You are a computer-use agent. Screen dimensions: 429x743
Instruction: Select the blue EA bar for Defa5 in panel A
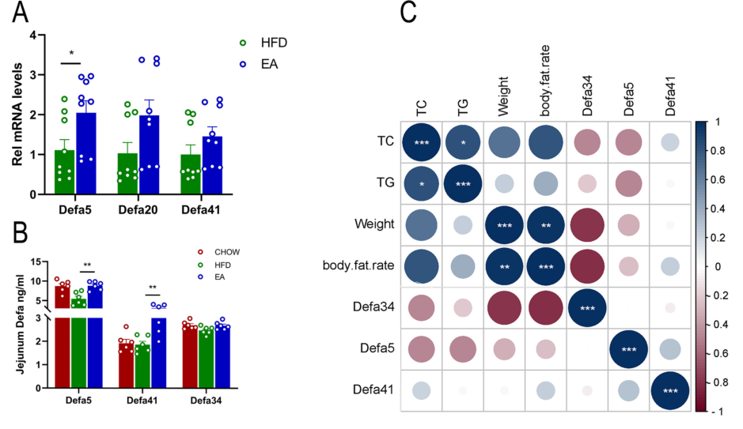(85, 153)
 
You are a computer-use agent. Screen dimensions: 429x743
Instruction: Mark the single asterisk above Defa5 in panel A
(71, 55)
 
